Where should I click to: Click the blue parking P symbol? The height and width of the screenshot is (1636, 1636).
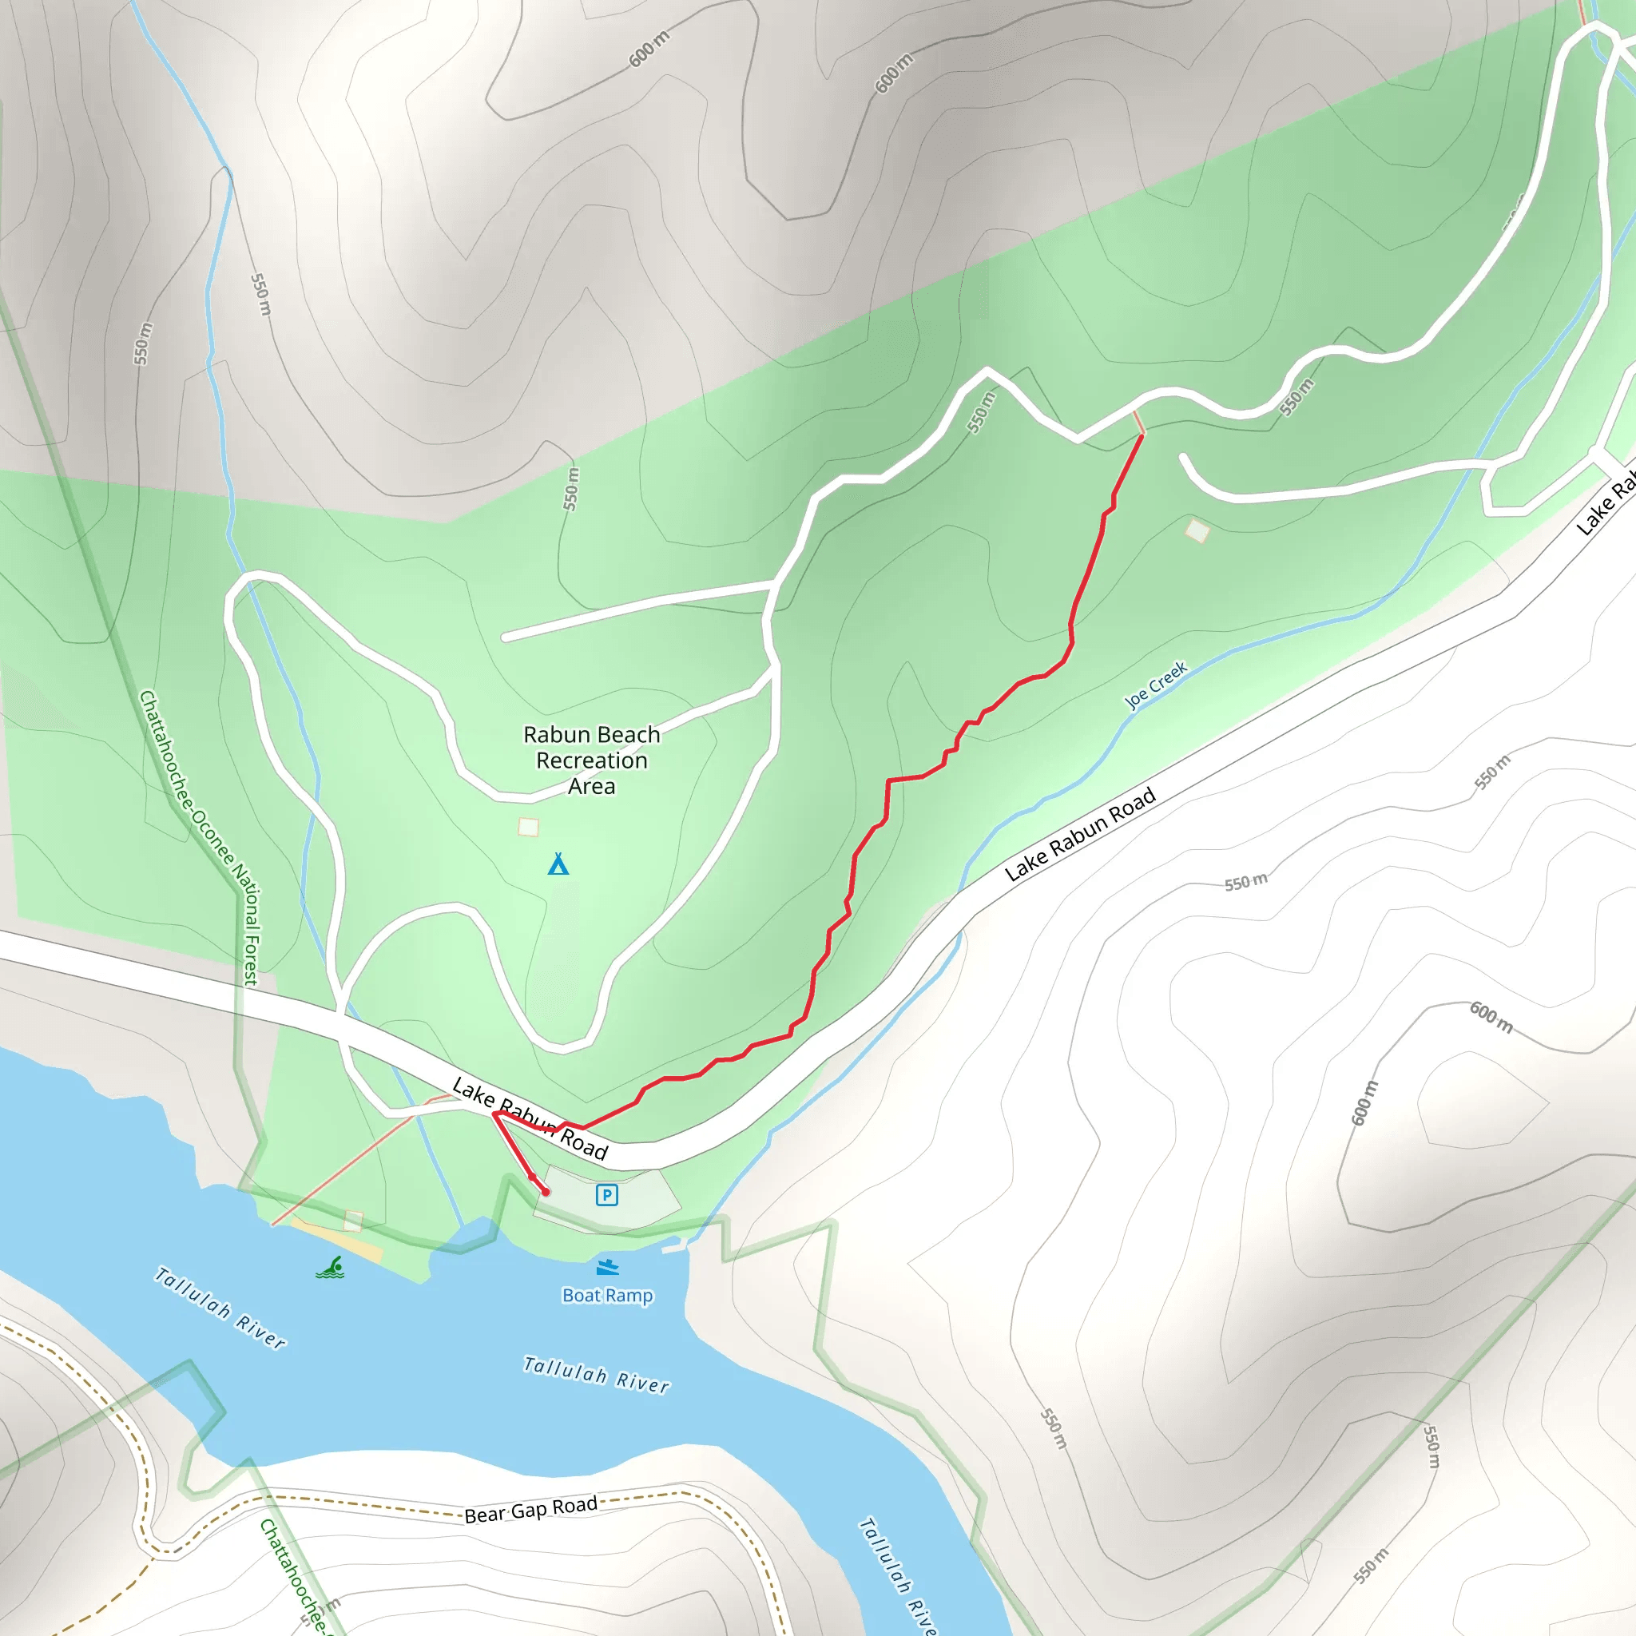click(606, 1195)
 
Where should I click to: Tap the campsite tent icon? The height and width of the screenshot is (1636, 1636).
click(558, 864)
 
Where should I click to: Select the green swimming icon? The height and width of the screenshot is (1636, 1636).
click(330, 1268)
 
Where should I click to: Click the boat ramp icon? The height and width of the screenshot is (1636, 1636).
click(607, 1268)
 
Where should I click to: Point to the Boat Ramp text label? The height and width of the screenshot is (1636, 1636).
click(607, 1296)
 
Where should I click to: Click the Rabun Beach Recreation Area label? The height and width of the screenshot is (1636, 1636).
click(591, 760)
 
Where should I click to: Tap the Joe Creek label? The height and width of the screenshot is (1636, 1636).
click(1156, 685)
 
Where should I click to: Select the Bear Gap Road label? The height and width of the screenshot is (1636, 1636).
click(531, 1509)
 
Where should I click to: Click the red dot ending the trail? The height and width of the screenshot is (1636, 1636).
click(546, 1191)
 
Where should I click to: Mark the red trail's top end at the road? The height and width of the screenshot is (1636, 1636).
click(1142, 435)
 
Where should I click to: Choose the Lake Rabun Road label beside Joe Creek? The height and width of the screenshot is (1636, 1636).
click(1080, 834)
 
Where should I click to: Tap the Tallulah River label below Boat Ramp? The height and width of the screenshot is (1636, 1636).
click(596, 1374)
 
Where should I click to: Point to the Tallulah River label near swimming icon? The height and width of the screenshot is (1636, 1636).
click(220, 1307)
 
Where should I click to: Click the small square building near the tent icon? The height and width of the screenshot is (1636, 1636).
click(528, 827)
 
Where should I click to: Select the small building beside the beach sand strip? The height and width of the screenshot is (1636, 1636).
click(354, 1221)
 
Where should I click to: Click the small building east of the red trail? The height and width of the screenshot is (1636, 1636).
click(1197, 531)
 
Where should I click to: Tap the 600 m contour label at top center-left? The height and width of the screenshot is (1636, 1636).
click(649, 48)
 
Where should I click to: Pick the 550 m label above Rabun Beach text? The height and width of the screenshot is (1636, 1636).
click(572, 489)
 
